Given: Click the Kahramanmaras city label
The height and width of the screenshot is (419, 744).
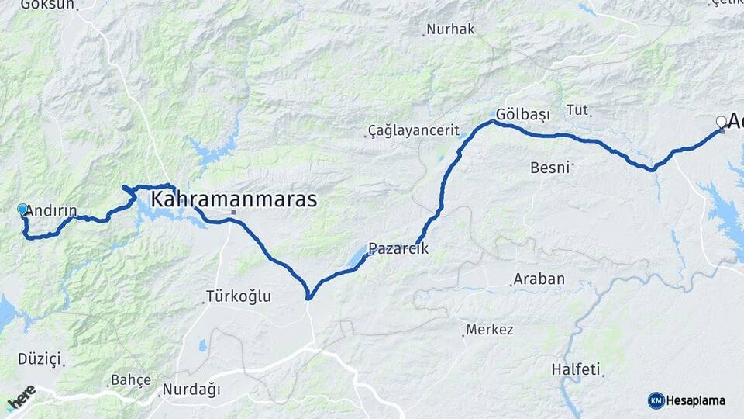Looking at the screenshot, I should (x=233, y=199).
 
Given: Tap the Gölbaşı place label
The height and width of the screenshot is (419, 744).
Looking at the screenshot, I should (x=523, y=115).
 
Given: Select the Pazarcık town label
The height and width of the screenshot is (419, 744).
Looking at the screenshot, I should (x=398, y=249).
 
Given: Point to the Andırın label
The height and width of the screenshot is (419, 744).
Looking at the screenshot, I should (x=51, y=210).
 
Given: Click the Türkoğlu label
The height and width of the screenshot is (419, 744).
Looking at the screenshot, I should (x=238, y=296).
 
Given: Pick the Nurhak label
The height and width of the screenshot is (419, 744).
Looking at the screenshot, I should (x=450, y=29).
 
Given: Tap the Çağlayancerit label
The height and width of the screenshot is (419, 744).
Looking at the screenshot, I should (x=414, y=130).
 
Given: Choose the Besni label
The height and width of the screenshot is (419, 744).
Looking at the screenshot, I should (x=550, y=167).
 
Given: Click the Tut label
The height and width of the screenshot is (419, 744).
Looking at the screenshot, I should (x=578, y=109).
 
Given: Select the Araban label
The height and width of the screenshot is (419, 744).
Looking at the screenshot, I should (x=539, y=279).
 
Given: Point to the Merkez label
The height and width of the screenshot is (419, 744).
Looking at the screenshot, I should (x=489, y=330).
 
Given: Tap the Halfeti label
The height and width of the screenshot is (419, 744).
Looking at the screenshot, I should (x=576, y=369).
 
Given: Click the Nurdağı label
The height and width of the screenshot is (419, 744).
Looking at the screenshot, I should (x=191, y=390).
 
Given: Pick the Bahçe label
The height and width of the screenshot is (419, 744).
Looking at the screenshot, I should (x=131, y=381).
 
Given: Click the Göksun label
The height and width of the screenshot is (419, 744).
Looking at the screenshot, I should (x=47, y=5).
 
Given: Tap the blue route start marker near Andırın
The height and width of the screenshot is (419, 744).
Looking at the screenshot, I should (x=22, y=209).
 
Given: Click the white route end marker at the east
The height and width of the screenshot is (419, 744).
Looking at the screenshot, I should (x=722, y=122).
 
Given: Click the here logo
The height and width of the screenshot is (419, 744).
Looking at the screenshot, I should (x=22, y=398).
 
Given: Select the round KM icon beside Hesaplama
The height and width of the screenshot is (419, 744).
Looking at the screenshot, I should (x=656, y=400).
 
